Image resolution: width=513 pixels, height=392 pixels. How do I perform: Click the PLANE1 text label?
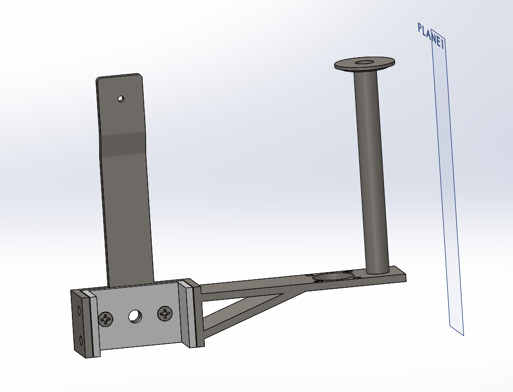[x=431, y=36]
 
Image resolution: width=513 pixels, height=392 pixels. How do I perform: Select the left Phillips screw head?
[x=106, y=319]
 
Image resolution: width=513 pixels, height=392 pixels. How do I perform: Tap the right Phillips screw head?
[x=165, y=313]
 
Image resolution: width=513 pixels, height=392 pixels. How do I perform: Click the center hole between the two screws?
[x=135, y=317]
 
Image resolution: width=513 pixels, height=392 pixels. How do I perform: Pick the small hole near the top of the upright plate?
[x=120, y=99]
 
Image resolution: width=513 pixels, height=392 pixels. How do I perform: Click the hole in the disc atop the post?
[x=364, y=63]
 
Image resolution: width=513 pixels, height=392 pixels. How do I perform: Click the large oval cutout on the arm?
[x=332, y=277]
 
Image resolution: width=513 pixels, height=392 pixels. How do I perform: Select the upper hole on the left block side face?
[x=78, y=308]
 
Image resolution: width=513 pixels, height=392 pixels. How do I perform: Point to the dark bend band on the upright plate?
[x=123, y=143]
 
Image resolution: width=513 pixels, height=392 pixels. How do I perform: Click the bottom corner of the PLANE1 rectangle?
[x=463, y=335]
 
